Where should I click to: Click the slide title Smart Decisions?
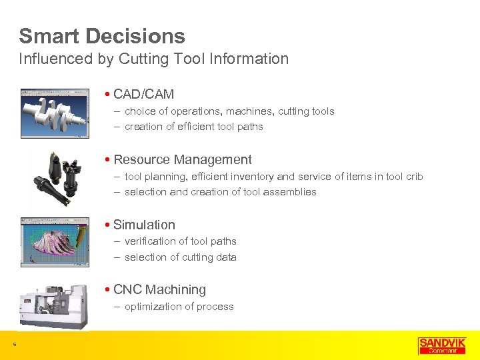click(102, 36)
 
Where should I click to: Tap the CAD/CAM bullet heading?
click(143, 95)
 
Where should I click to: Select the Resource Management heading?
click(182, 159)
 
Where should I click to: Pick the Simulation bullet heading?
click(144, 225)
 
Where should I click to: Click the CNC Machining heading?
click(159, 289)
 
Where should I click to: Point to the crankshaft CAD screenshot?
click(54, 113)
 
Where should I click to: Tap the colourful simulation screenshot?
click(54, 241)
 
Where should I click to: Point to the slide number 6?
click(15, 345)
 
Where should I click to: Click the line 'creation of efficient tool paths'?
click(193, 127)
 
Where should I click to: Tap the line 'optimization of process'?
click(179, 307)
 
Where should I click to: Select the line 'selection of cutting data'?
click(180, 257)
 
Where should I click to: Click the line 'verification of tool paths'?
click(180, 241)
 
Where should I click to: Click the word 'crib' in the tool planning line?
click(413, 177)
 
